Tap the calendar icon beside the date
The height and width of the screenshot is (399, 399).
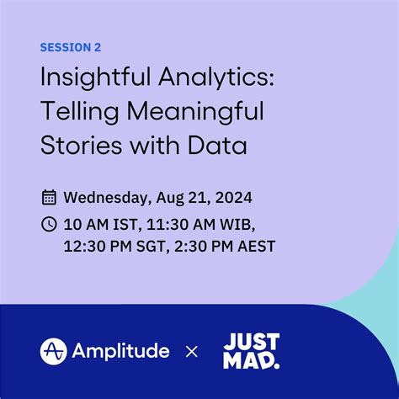[50, 199]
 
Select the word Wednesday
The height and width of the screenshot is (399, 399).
[106, 199]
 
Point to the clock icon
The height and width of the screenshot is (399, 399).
[50, 225]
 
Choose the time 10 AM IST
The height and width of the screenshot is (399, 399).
[101, 225]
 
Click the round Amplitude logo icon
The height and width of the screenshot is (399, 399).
[55, 351]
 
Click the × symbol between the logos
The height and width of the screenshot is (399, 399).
[192, 351]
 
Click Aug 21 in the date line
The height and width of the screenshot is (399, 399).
[181, 199]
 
